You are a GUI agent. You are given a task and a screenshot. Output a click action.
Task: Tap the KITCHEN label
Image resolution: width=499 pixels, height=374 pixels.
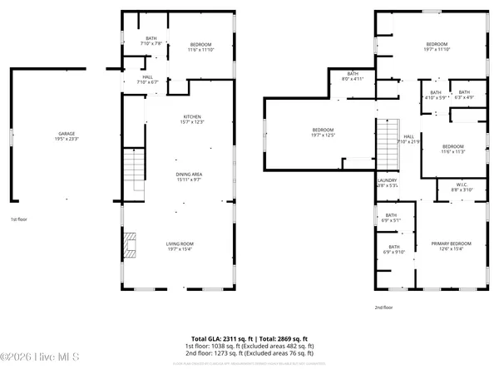tap(193, 119)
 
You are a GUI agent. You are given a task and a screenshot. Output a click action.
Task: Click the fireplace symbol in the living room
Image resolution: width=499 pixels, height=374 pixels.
tap(127, 247)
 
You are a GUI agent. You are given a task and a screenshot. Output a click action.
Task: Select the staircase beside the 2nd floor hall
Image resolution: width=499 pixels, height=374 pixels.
tap(387, 142)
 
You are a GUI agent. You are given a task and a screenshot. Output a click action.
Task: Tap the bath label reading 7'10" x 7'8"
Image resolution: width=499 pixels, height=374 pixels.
tap(151, 41)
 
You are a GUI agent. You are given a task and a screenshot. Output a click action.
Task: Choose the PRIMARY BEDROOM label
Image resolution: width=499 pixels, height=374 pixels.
tap(452, 246)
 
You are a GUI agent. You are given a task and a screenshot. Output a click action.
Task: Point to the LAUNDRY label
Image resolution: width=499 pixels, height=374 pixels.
tap(387, 183)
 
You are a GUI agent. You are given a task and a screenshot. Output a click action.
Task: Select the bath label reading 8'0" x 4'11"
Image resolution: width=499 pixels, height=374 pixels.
tap(353, 76)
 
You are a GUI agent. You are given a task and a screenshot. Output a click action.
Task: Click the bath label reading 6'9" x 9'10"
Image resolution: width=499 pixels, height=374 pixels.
tap(393, 249)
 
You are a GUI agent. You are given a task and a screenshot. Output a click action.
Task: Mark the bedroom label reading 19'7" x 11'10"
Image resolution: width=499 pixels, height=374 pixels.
tap(437, 47)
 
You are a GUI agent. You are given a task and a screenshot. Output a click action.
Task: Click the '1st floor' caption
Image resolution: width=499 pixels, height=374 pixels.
tap(19, 219)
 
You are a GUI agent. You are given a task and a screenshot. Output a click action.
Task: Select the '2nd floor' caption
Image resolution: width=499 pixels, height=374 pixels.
tap(383, 306)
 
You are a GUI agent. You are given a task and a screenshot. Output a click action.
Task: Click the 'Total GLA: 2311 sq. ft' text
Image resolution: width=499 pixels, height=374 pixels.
tap(218, 338)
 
